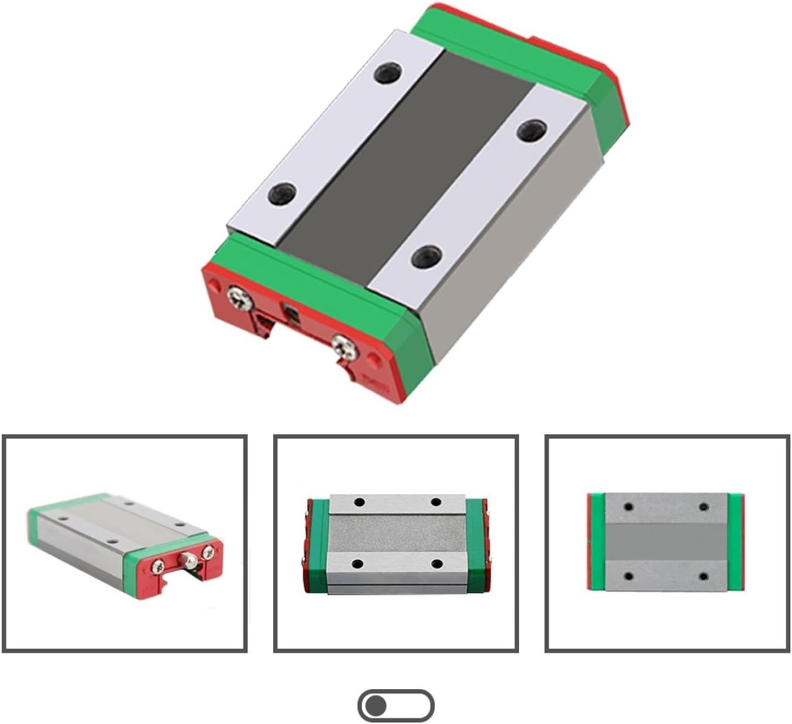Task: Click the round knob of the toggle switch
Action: click(376, 705)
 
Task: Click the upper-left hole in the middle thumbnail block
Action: click(360, 502)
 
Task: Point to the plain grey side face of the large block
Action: click(516, 247)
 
